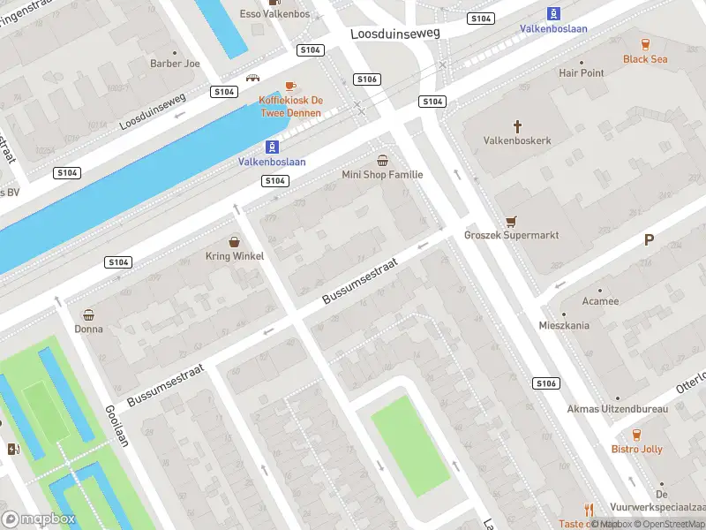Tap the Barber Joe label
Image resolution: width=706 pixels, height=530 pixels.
174,64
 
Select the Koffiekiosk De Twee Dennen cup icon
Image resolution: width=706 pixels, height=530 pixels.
291,87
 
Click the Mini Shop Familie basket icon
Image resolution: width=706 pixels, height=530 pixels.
382,160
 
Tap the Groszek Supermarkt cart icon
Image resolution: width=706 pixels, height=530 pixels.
509,222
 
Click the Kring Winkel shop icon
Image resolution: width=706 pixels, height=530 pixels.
235,241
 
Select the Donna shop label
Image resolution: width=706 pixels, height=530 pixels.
88,329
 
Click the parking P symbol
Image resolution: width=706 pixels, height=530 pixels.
649,239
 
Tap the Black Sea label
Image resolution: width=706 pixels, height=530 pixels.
645,59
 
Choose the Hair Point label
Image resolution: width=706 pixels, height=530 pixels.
582,73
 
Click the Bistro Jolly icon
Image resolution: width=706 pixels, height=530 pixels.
636,435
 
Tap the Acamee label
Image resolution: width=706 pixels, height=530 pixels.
600,301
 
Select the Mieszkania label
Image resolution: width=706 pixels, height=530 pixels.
564,325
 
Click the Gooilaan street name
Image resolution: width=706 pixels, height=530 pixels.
117,427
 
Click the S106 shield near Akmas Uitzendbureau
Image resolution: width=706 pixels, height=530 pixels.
546,383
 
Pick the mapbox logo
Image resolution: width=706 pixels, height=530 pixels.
38,519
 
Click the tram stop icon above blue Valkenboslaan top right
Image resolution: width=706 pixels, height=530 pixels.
553,13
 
